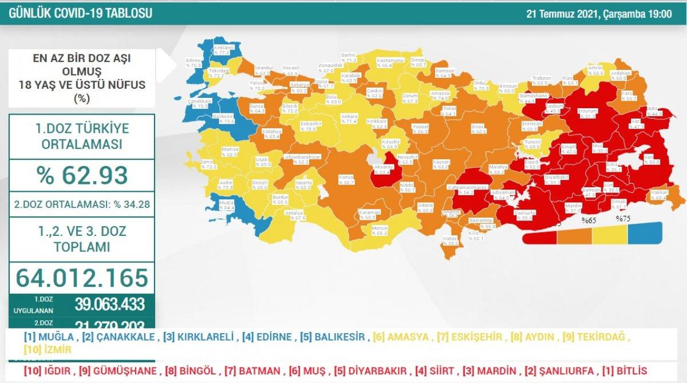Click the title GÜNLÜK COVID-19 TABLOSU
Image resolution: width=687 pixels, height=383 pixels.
tap(80, 13)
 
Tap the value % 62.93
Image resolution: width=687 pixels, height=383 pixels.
tap(82, 175)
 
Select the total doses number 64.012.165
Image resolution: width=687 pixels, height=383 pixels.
tap(82, 278)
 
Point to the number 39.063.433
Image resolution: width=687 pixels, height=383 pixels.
tap(109, 304)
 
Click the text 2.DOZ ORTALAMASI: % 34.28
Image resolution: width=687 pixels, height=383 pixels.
tap(82, 204)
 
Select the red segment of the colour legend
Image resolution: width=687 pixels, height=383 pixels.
tap(539, 236)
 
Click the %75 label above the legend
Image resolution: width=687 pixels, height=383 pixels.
tap(623, 219)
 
